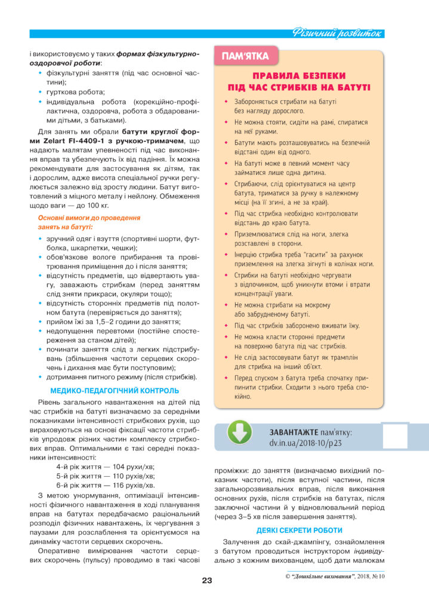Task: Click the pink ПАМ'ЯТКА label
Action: click(245, 57)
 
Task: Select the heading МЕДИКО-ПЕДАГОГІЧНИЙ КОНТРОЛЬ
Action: click(115, 391)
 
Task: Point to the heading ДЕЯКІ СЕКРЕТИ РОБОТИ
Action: click(299, 530)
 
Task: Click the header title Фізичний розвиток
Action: click(337, 33)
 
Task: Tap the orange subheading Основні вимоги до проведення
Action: click(89, 218)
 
